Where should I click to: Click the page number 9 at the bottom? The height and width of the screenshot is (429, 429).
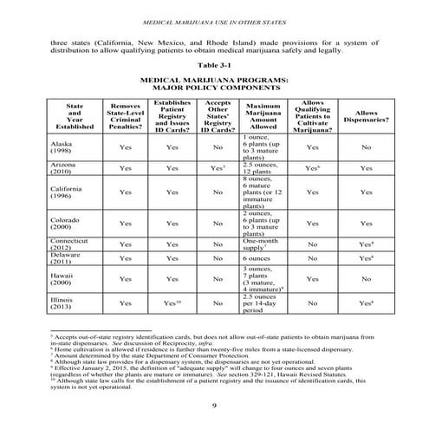pos(213,406)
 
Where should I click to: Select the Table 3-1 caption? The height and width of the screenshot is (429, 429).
pos(213,65)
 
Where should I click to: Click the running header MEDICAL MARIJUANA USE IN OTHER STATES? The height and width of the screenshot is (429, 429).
pos(213,21)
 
